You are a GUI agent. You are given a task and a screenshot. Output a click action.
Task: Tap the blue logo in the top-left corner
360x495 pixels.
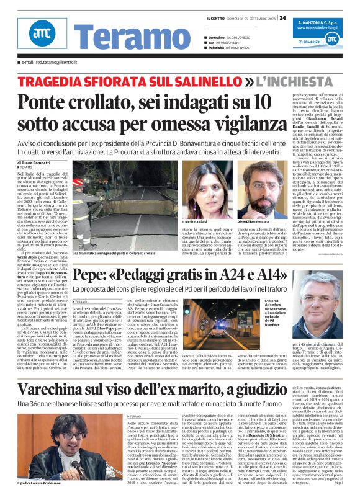coord(38,36)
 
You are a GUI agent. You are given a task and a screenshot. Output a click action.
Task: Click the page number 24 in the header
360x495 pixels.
coord(282,17)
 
